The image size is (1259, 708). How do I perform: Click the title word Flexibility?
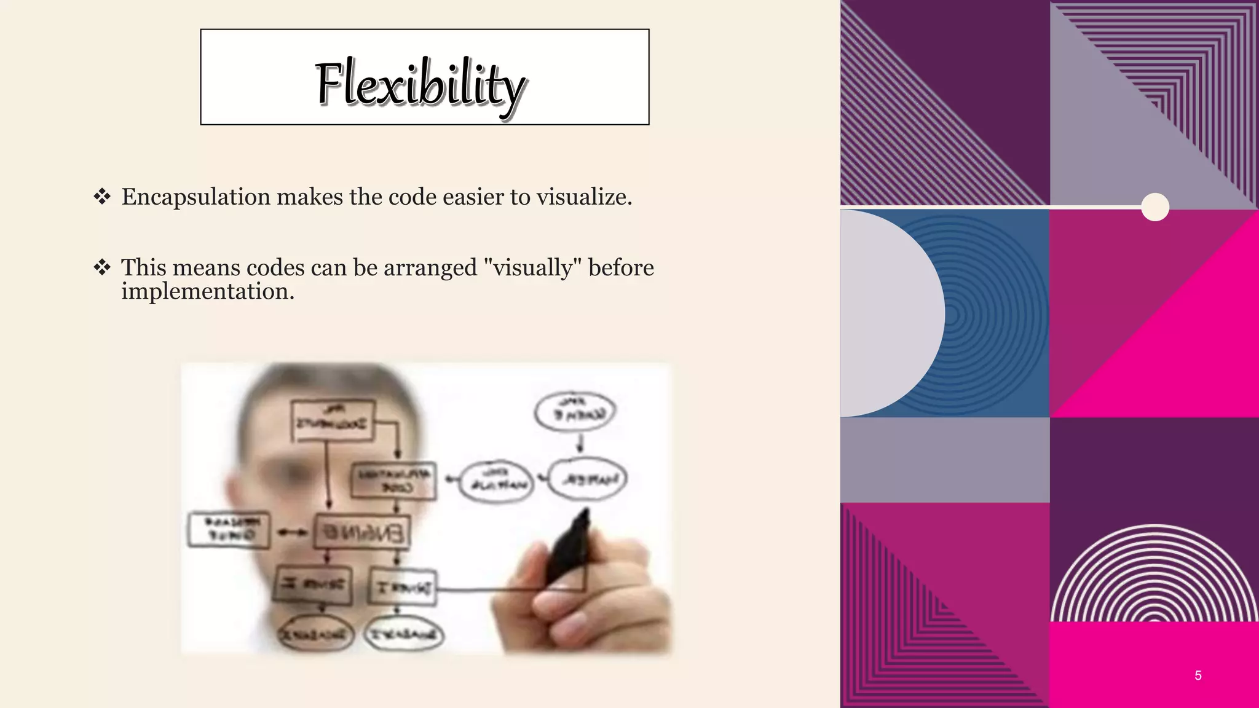point(420,84)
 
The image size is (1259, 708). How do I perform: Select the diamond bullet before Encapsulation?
point(102,197)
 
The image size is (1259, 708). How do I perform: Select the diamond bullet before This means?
point(102,267)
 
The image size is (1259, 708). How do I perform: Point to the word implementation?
point(207,291)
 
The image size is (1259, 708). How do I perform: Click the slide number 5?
point(1198,675)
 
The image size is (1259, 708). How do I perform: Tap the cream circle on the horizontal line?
point(1155,206)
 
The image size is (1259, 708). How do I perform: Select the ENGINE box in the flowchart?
point(361,532)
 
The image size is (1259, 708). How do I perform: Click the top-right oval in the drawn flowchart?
point(574,411)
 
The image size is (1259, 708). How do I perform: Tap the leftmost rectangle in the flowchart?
point(229,529)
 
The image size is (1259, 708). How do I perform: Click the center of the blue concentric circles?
point(952,315)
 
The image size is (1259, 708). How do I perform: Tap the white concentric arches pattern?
point(1154,575)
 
